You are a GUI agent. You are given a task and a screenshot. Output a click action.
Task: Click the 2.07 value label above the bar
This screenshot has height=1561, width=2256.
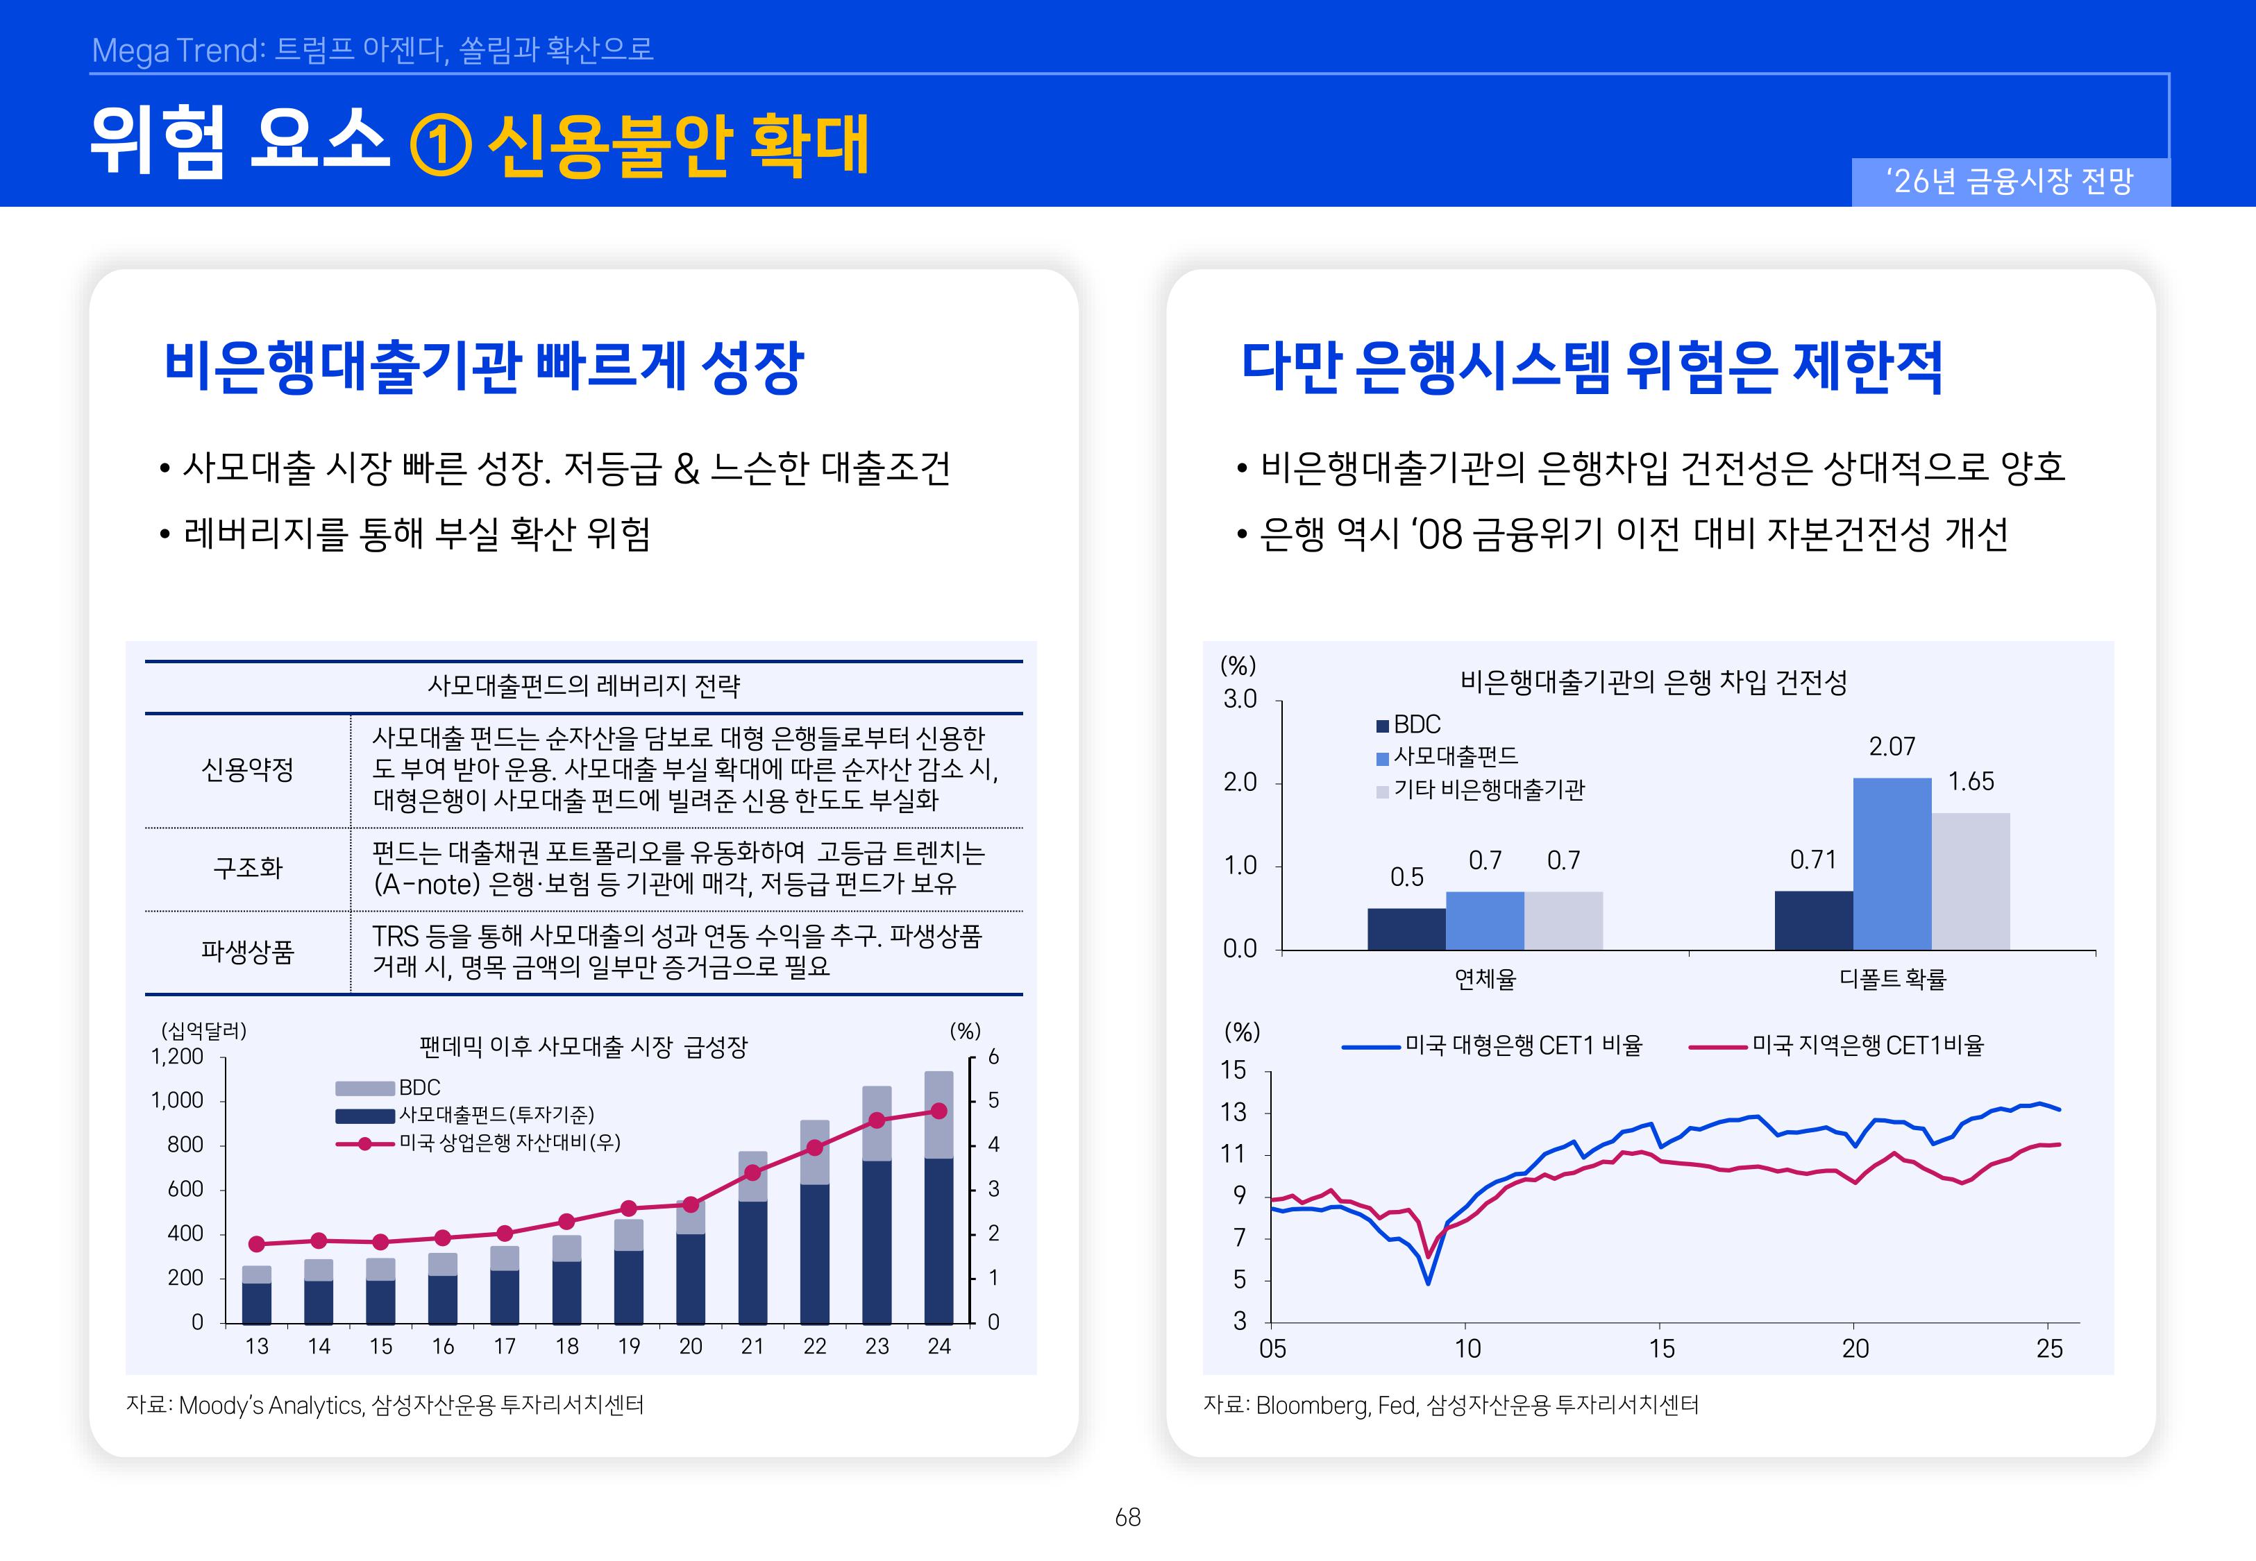pos(1891,747)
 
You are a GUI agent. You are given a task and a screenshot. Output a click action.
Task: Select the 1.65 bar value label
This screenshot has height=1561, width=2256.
pos(1970,781)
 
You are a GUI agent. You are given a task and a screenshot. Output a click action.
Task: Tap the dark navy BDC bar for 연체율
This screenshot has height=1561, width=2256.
pos(1406,928)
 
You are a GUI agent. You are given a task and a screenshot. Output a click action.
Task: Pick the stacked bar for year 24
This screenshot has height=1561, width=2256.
pos(938,1197)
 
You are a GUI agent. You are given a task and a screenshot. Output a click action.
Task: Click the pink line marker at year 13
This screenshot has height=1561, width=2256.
pos(256,1244)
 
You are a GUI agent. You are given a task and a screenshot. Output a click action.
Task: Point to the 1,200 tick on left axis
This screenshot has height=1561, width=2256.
pos(177,1057)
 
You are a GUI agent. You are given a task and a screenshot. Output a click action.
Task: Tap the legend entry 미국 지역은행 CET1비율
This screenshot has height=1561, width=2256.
pos(1867,1046)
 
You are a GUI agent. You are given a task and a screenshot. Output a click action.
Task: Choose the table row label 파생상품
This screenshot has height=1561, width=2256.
pos(248,952)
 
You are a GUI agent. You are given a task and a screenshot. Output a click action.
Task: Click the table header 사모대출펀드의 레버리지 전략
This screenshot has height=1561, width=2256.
pos(583,685)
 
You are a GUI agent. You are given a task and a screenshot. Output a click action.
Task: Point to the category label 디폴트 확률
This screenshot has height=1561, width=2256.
pos(1892,979)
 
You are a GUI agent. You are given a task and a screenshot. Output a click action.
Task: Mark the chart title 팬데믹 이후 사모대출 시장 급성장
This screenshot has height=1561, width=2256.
pos(583,1048)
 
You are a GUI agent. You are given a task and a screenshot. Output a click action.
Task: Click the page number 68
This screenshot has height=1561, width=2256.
pos(1127,1517)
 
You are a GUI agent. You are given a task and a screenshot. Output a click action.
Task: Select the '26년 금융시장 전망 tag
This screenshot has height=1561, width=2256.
pos(2010,182)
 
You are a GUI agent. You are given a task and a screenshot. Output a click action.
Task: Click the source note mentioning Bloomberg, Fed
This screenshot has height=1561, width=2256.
pos(1450,1406)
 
